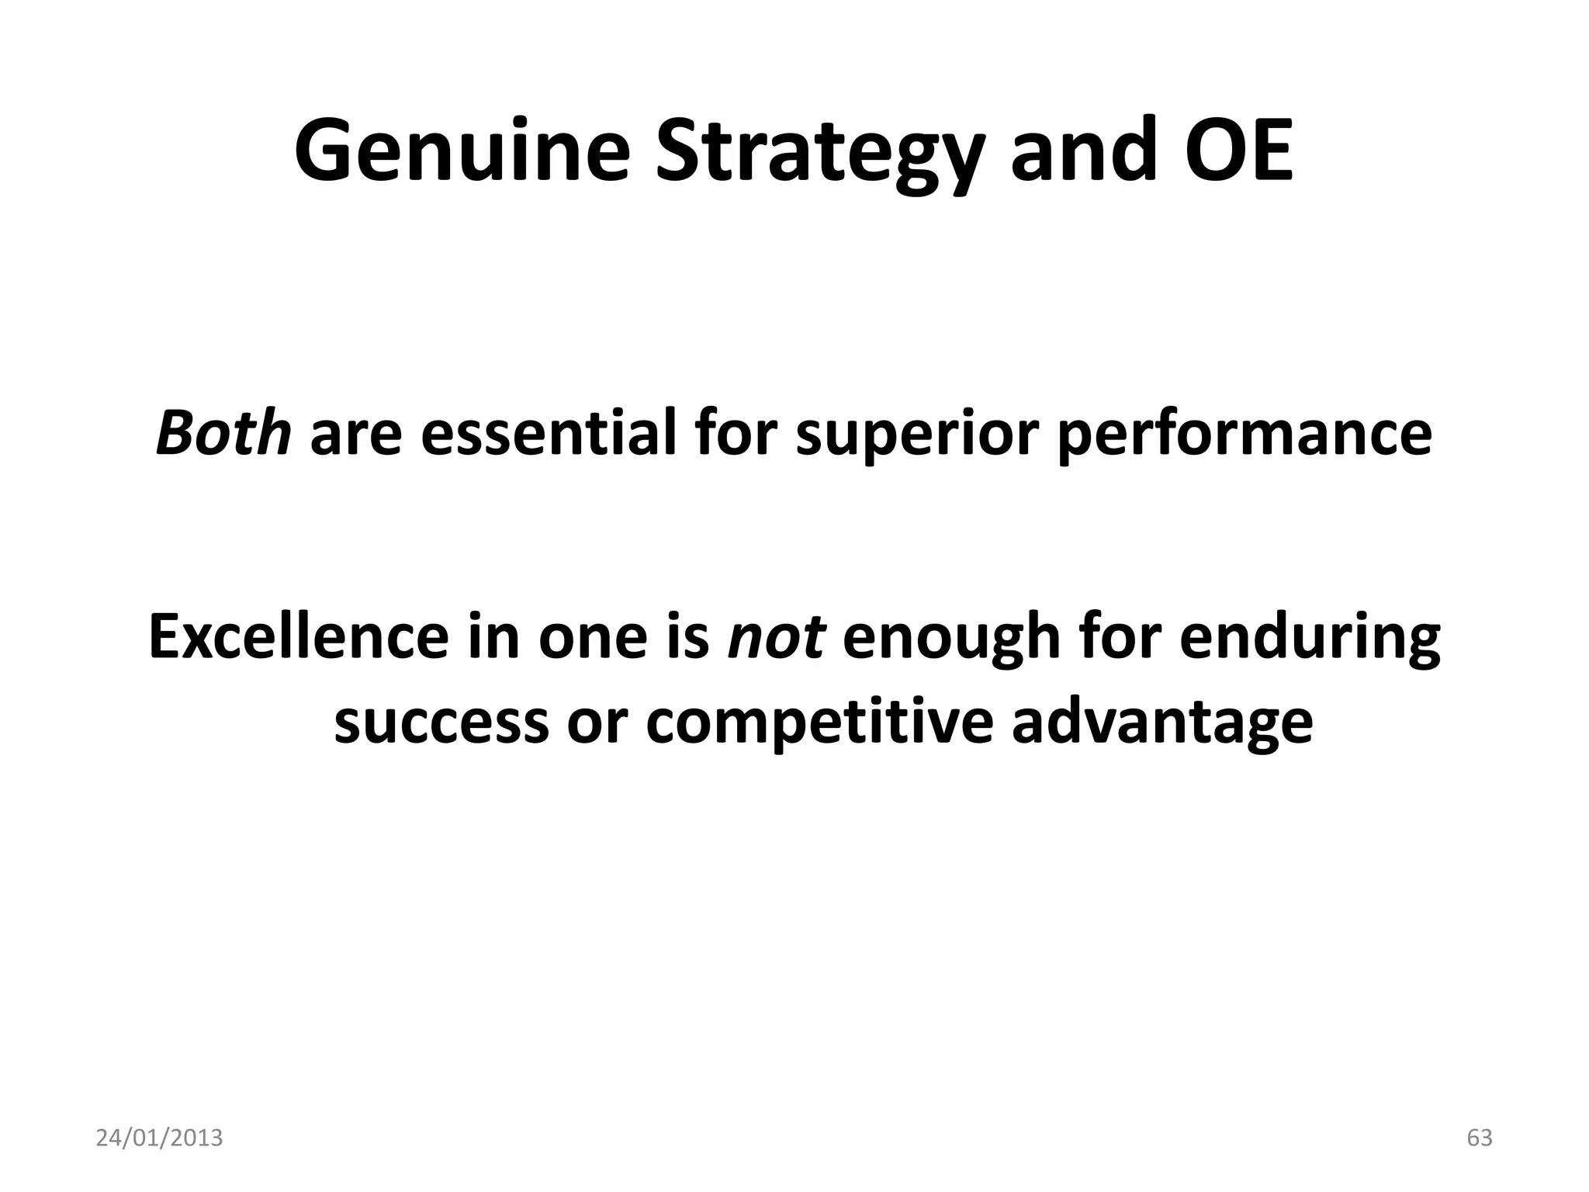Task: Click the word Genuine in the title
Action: tap(462, 151)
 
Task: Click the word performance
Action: tap(1245, 435)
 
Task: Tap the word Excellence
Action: tap(299, 636)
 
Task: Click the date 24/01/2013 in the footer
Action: tap(159, 1138)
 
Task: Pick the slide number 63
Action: tap(1480, 1138)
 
